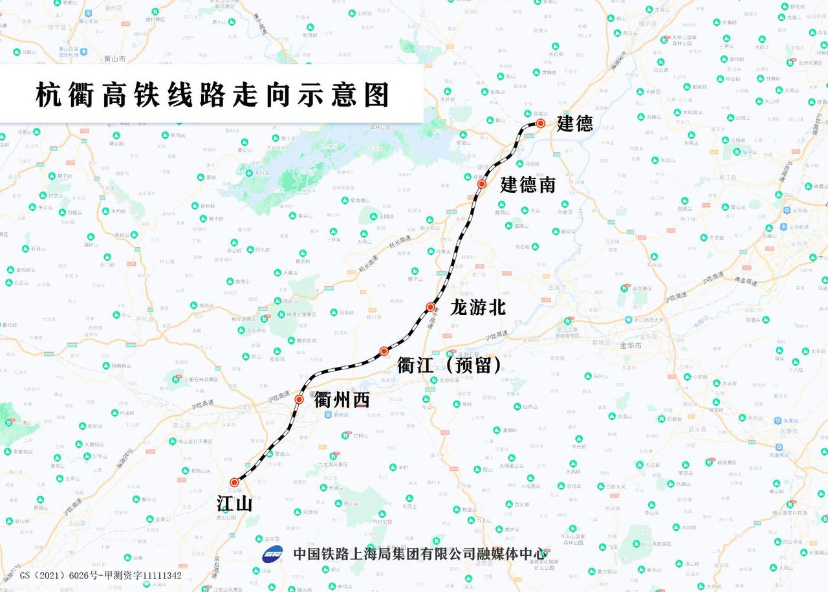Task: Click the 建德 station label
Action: (575, 123)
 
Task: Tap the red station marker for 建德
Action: (540, 123)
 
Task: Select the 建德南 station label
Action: (528, 185)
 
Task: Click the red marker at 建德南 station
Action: (482, 184)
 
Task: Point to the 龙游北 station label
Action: (478, 307)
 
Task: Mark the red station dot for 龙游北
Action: (430, 307)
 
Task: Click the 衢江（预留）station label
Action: (450, 366)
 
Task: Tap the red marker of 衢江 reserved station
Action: (384, 351)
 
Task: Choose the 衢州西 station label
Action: (342, 400)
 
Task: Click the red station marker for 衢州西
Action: (299, 399)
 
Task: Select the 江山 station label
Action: (234, 504)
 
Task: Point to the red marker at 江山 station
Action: (234, 482)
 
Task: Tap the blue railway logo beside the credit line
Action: (272, 554)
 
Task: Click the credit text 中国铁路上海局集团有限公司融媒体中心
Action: (420, 554)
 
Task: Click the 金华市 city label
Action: (631, 346)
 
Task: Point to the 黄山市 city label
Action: (114, 59)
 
